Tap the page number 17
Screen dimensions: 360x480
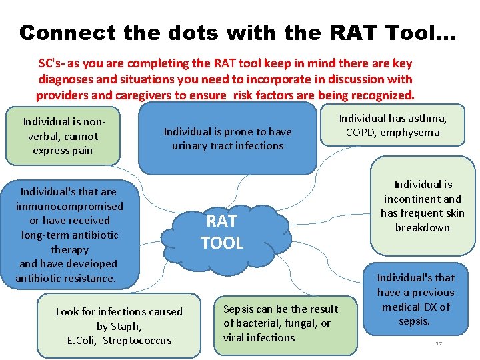(x=439, y=343)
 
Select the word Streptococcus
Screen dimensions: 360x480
(x=138, y=340)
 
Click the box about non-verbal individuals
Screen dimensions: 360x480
(x=61, y=136)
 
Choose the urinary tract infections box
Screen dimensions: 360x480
(x=227, y=139)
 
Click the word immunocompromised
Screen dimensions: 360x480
(x=69, y=206)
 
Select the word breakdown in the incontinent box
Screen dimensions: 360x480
(x=422, y=227)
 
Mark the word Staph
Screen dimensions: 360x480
(x=128, y=326)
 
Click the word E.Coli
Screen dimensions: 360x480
(x=83, y=340)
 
